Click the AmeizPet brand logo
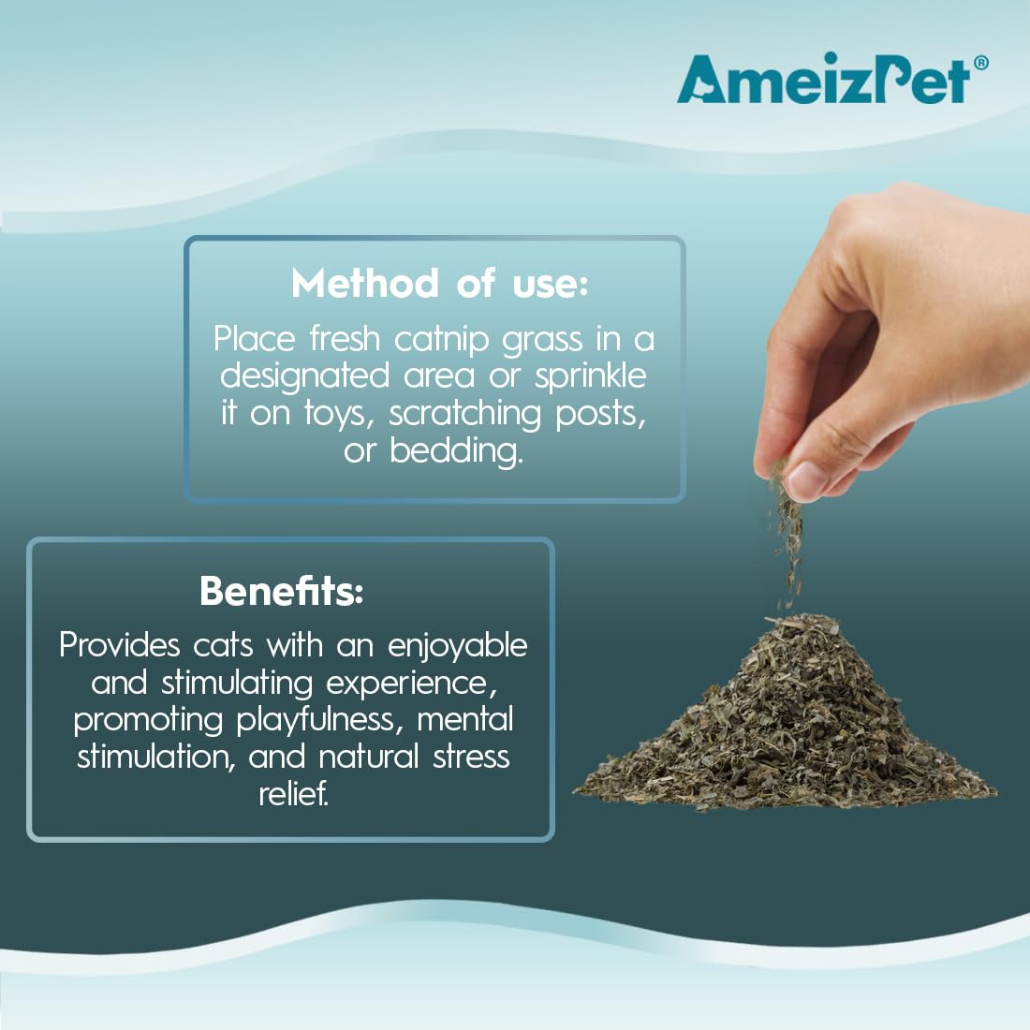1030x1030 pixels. point(824,80)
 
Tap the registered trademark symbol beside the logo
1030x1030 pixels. point(980,63)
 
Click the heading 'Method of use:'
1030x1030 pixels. point(439,283)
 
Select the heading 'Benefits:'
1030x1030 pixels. point(281,591)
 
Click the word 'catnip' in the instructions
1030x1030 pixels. point(441,340)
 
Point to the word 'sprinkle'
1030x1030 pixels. point(591,377)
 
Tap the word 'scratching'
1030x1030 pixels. point(465,415)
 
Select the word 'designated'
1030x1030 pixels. point(305,377)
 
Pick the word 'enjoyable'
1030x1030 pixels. point(458,646)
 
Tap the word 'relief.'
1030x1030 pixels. point(293,794)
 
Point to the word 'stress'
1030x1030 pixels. point(471,757)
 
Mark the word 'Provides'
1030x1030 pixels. point(120,645)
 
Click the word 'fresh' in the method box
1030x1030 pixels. point(345,339)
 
